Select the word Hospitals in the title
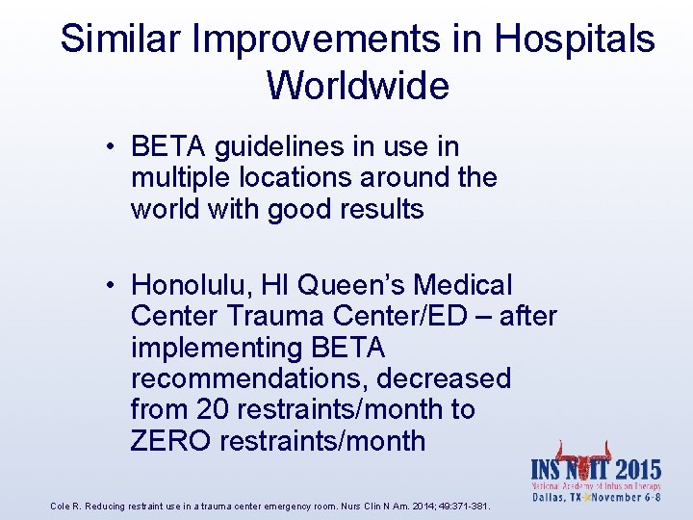(575, 39)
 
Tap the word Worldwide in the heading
(358, 86)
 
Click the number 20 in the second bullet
(212, 409)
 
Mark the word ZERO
(170, 441)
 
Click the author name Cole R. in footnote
(65, 506)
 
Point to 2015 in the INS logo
(636, 471)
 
